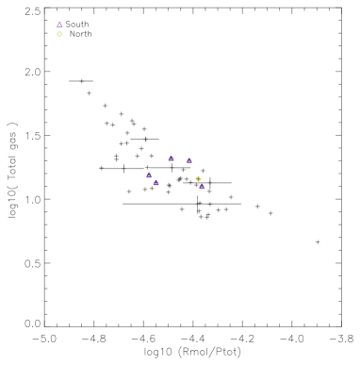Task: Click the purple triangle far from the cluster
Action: [x=59, y=25]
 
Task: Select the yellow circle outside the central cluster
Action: [x=59, y=34]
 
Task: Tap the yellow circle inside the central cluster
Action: [x=198, y=179]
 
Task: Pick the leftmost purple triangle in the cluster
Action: [x=149, y=174]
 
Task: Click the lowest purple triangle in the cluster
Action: [x=202, y=187]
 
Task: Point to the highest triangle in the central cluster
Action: [x=171, y=158]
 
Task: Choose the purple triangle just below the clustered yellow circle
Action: [x=202, y=187]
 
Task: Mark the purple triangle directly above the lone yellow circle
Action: [x=59, y=25]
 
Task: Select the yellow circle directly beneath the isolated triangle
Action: [x=59, y=34]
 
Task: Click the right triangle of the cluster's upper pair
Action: [x=188, y=160]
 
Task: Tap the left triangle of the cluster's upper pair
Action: [x=171, y=158]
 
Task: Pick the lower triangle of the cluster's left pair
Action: [x=155, y=182]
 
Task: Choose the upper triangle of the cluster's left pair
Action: [x=149, y=174]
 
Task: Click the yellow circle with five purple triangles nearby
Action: [x=198, y=179]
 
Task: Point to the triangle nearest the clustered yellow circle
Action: [x=202, y=187]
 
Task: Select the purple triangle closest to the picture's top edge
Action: [x=59, y=25]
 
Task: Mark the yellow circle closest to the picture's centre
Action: [x=198, y=179]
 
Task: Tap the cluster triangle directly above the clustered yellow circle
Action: [x=188, y=160]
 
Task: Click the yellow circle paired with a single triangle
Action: [x=59, y=34]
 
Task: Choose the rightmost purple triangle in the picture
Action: [x=202, y=187]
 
